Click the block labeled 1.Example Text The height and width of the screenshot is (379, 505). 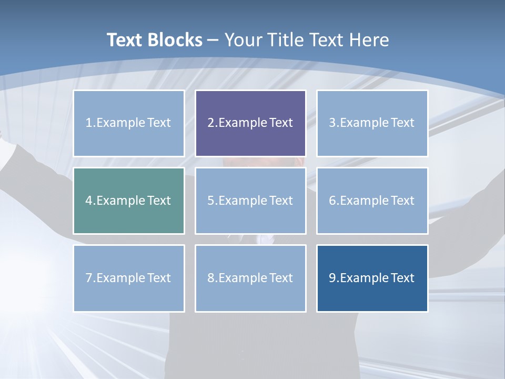coord(129,123)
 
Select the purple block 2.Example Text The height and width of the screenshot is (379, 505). coord(250,123)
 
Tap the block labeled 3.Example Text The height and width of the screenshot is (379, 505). coord(372,123)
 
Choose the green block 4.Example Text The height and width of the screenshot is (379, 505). coord(129,201)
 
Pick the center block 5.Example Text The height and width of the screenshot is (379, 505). coord(250,201)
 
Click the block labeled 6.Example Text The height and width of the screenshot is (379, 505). coord(372,201)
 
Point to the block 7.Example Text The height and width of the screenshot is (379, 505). coord(129,278)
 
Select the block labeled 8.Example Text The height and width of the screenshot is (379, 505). coord(250,278)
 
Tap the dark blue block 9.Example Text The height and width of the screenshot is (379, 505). coord(372,278)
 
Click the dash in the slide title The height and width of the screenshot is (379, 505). coord(213,40)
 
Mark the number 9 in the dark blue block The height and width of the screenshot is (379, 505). coord(332,278)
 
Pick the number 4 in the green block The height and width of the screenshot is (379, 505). coord(88,201)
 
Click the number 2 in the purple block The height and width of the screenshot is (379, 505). coord(210,123)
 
